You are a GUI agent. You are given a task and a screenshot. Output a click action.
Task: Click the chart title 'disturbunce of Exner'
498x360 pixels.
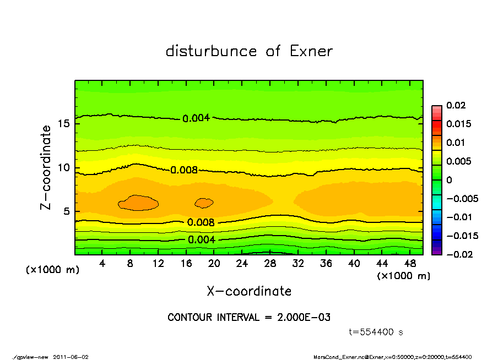[249, 51]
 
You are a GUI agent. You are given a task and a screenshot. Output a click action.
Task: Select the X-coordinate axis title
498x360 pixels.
[249, 291]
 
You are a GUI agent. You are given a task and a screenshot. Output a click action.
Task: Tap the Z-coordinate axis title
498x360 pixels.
[46, 167]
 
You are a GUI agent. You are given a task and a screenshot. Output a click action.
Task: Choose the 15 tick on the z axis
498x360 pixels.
[64, 124]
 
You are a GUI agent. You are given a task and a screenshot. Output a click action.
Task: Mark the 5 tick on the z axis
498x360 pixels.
[67, 211]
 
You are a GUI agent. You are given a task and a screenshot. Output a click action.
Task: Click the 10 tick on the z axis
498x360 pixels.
[64, 168]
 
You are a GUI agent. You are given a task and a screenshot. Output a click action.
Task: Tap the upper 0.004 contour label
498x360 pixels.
[196, 118]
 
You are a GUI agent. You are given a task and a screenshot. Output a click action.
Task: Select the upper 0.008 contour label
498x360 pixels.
[184, 170]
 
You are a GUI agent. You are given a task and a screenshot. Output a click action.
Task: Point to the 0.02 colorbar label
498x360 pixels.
[455, 105]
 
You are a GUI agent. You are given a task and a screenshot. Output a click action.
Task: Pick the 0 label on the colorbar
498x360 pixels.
[448, 180]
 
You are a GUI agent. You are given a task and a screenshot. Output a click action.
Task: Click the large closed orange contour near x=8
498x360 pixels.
[138, 203]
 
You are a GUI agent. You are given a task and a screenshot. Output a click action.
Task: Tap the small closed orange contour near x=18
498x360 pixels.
[204, 203]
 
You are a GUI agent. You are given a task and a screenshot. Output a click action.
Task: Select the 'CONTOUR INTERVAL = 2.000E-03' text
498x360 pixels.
[249, 318]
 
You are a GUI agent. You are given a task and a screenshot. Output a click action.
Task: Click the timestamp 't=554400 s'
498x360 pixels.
[376, 332]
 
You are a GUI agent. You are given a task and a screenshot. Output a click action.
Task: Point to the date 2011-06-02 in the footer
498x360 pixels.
[71, 357]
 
